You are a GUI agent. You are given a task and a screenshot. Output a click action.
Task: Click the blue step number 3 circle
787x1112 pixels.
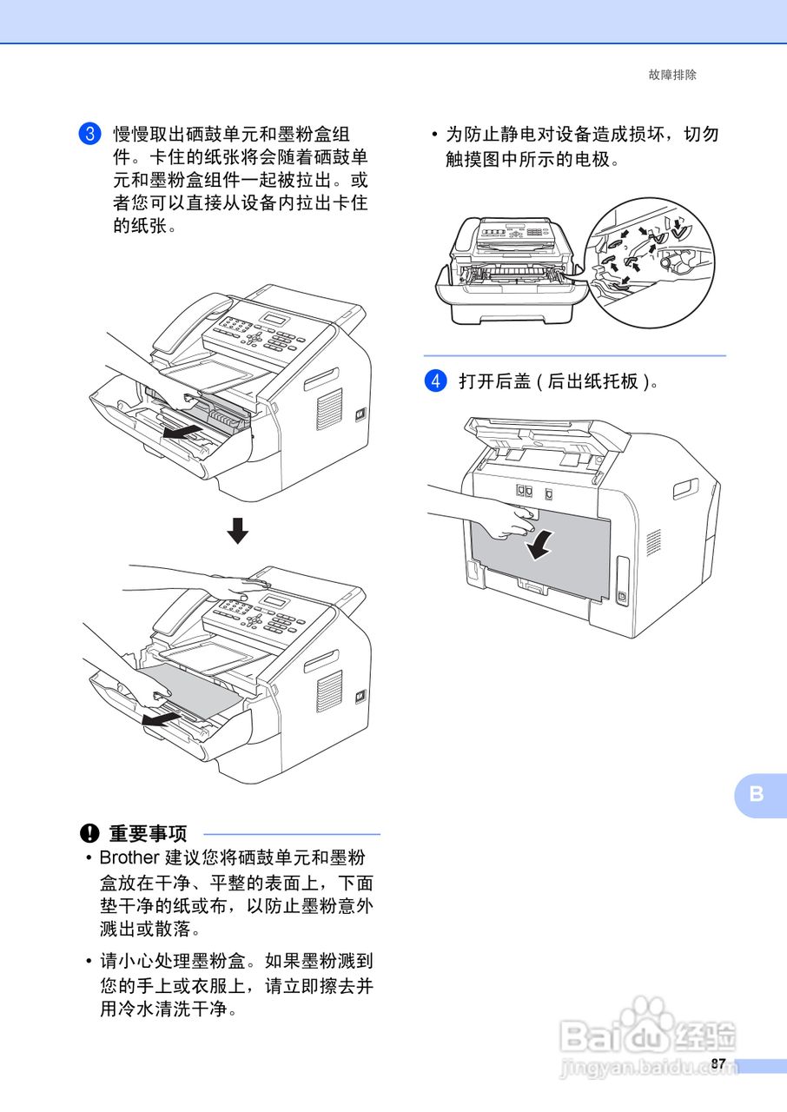coord(89,134)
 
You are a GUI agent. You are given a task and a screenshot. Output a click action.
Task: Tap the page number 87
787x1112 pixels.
coord(718,1064)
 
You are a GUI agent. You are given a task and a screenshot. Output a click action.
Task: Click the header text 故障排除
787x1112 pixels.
coord(672,75)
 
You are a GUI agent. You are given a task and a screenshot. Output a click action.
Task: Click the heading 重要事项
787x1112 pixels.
coord(148,834)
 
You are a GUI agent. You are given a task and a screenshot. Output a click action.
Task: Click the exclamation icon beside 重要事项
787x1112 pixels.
coord(90,834)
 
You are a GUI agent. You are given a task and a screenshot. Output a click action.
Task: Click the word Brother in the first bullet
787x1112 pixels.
coord(129,858)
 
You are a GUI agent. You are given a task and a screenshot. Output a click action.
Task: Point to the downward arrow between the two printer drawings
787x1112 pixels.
coord(237,530)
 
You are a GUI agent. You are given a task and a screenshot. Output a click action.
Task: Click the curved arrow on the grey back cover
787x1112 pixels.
coord(539,546)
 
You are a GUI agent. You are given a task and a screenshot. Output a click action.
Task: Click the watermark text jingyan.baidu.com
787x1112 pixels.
coord(647,1068)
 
